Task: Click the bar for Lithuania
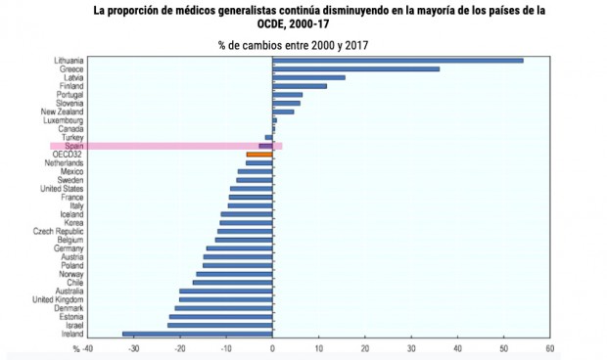[397, 61]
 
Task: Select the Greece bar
[355, 69]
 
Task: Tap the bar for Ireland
[197, 334]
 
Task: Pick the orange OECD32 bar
[259, 155]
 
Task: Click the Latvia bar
[308, 77]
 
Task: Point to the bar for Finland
[300, 86]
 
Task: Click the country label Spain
[72, 146]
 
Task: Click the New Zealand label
[64, 112]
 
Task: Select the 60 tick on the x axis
[550, 347]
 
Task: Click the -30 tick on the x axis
[134, 347]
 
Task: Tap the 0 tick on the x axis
[273, 347]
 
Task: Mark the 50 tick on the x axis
[503, 347]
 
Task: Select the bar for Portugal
[288, 95]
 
